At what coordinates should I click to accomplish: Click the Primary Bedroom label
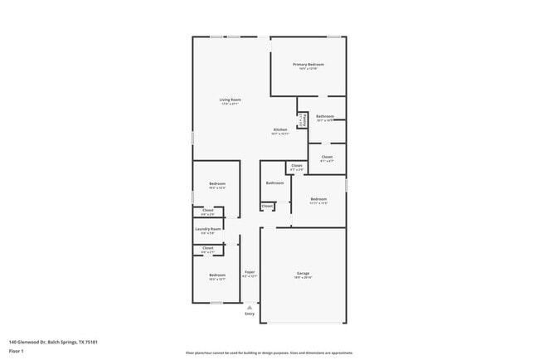[x=308, y=65]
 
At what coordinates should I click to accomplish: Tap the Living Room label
[x=230, y=100]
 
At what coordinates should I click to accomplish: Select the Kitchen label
[x=280, y=130]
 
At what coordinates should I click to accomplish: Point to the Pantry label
[x=301, y=119]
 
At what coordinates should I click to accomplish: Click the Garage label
[x=303, y=274]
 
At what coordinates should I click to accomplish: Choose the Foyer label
[x=249, y=273]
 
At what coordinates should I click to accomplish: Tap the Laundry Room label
[x=208, y=229]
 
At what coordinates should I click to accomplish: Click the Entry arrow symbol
[x=250, y=307]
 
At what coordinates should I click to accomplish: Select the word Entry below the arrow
[x=250, y=314]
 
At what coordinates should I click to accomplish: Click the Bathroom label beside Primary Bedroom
[x=325, y=116]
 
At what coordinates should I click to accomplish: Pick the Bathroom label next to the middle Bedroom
[x=274, y=182]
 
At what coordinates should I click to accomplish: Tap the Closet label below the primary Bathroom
[x=327, y=157]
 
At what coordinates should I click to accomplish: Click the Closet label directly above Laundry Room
[x=208, y=211]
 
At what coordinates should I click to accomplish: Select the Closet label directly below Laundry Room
[x=208, y=247]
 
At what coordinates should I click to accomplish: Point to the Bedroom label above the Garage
[x=318, y=199]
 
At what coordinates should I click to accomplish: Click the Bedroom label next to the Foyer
[x=217, y=275]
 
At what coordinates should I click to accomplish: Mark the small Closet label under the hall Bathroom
[x=267, y=206]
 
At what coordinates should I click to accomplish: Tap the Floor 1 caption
[x=17, y=351]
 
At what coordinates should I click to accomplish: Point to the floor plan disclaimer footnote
[x=269, y=353]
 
